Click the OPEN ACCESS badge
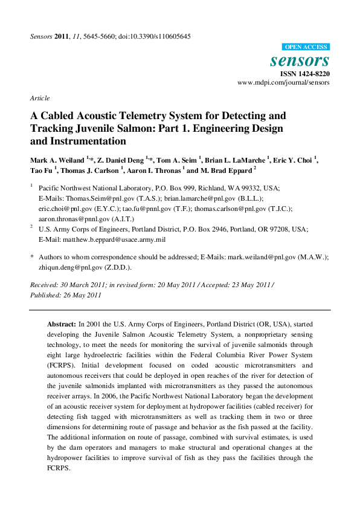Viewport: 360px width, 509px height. pyautogui.click(x=306, y=47)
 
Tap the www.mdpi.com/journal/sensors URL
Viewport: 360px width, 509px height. pyautogui.click(x=283, y=82)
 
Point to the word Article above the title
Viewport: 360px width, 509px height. pyautogui.click(x=39, y=98)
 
